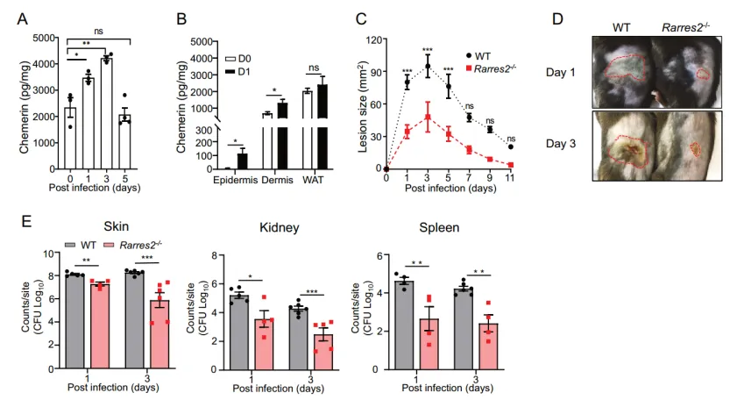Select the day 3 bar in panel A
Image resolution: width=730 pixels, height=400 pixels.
[107, 114]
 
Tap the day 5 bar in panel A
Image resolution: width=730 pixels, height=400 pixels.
[126, 140]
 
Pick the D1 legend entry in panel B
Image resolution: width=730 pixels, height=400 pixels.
[237, 69]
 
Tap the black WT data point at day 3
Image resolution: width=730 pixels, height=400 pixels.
[428, 67]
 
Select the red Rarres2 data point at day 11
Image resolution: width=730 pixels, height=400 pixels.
[510, 164]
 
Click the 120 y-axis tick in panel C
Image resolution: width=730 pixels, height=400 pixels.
[372, 39]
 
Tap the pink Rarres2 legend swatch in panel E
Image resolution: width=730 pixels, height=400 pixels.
[110, 247]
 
